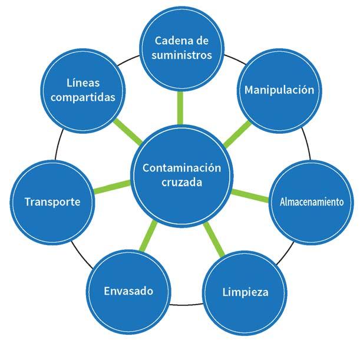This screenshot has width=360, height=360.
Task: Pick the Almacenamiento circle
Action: [311, 202]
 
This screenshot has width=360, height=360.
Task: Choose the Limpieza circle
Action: [245, 292]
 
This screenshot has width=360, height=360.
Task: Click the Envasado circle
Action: [128, 291]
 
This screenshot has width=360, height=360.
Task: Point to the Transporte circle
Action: [52, 202]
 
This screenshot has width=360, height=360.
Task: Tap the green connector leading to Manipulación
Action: [236, 134]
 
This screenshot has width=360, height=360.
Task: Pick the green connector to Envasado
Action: [150, 238]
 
